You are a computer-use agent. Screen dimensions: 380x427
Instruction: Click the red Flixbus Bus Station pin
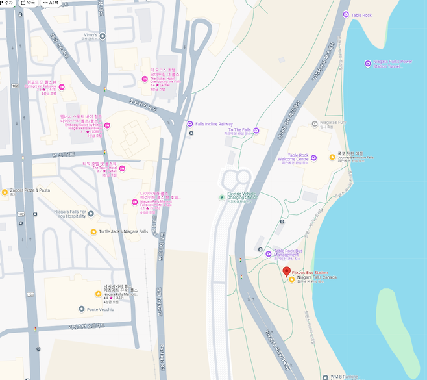pyautogui.click(x=287, y=272)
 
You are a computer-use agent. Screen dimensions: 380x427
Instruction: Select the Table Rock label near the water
pyautogui.click(x=361, y=15)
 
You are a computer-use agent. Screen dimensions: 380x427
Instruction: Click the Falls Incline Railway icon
pyautogui.click(x=190, y=123)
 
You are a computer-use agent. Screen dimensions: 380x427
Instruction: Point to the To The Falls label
pyautogui.click(x=239, y=130)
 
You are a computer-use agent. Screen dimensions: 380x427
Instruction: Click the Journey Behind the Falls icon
pyautogui.click(x=332, y=157)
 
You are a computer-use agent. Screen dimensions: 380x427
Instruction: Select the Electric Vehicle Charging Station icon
pyautogui.click(x=221, y=196)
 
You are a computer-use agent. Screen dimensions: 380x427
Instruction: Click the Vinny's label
pyautogui.click(x=90, y=35)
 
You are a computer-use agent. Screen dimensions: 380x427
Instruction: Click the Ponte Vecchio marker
pyautogui.click(x=81, y=309)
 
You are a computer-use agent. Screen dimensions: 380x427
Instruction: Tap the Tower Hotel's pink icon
pyautogui.click(x=122, y=169)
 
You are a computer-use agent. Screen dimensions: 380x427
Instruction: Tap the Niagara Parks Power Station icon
pyautogui.click(x=368, y=64)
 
